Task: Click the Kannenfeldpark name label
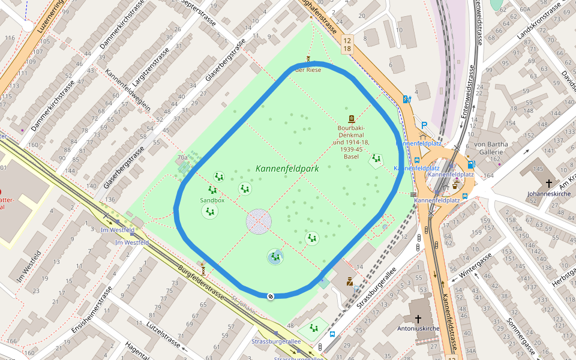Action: pyautogui.click(x=287, y=169)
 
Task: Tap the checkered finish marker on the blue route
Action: pyautogui.click(x=271, y=296)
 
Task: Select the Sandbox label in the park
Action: pyautogui.click(x=212, y=200)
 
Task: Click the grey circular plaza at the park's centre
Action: pyautogui.click(x=259, y=221)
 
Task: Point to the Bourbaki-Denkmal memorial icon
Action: pyautogui.click(x=351, y=119)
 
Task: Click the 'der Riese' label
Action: pyautogui.click(x=308, y=70)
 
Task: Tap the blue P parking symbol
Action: pyautogui.click(x=424, y=125)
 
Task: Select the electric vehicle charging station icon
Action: pyautogui.click(x=407, y=99)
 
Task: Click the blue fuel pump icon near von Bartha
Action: pyautogui.click(x=471, y=164)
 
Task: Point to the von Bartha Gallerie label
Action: pyautogui.click(x=491, y=148)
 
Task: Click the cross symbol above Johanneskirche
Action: pyautogui.click(x=548, y=183)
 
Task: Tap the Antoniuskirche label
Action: pyautogui.click(x=418, y=328)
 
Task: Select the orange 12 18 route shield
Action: pyautogui.click(x=347, y=43)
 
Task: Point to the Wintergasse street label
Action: pyautogui.click(x=475, y=268)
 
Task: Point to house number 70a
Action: pyautogui.click(x=182, y=158)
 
